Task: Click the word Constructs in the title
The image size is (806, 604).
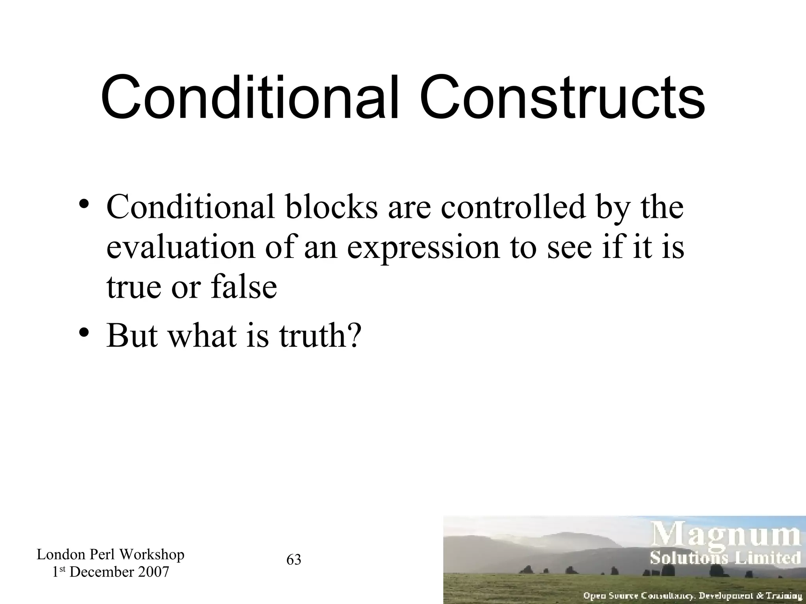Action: point(563,98)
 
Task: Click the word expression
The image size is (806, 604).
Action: point(423,249)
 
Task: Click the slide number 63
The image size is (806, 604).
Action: point(294,560)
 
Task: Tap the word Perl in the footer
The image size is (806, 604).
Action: point(104,554)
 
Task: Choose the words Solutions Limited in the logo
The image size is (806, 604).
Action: point(725,558)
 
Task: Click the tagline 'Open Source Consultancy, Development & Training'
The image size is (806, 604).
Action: point(692,596)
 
